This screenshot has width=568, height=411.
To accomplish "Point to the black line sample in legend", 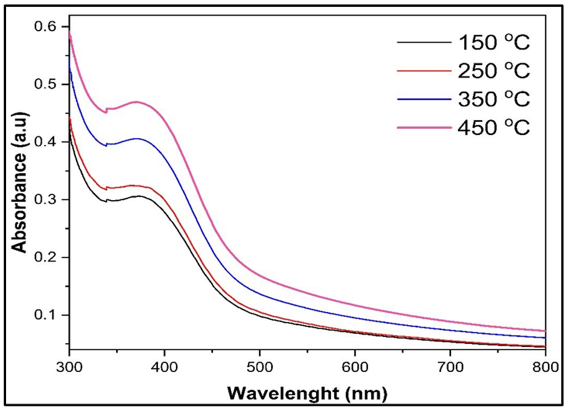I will [x=424, y=43].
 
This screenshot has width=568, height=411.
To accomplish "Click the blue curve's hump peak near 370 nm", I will [x=137, y=138].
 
